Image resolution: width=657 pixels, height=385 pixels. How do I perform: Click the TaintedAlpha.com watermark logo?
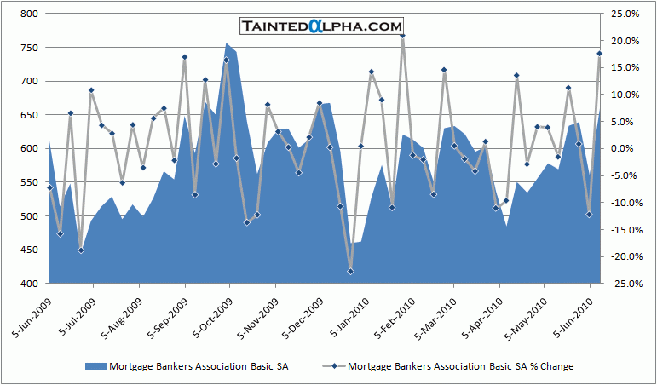320,26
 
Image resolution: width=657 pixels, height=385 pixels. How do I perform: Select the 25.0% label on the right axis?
625,14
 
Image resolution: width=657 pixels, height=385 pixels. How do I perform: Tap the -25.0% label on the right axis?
624,284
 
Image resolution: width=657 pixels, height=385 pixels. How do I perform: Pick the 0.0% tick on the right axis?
626,149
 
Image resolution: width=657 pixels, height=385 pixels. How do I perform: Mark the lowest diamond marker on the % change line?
350,271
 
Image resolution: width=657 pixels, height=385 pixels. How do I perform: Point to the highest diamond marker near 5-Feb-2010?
402,36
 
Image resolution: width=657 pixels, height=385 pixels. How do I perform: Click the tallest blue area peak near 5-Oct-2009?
227,44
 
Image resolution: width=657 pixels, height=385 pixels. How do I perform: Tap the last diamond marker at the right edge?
600,54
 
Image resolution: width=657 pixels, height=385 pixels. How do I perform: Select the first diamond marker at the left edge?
49,187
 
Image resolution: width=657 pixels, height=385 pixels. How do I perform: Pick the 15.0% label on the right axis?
625,67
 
